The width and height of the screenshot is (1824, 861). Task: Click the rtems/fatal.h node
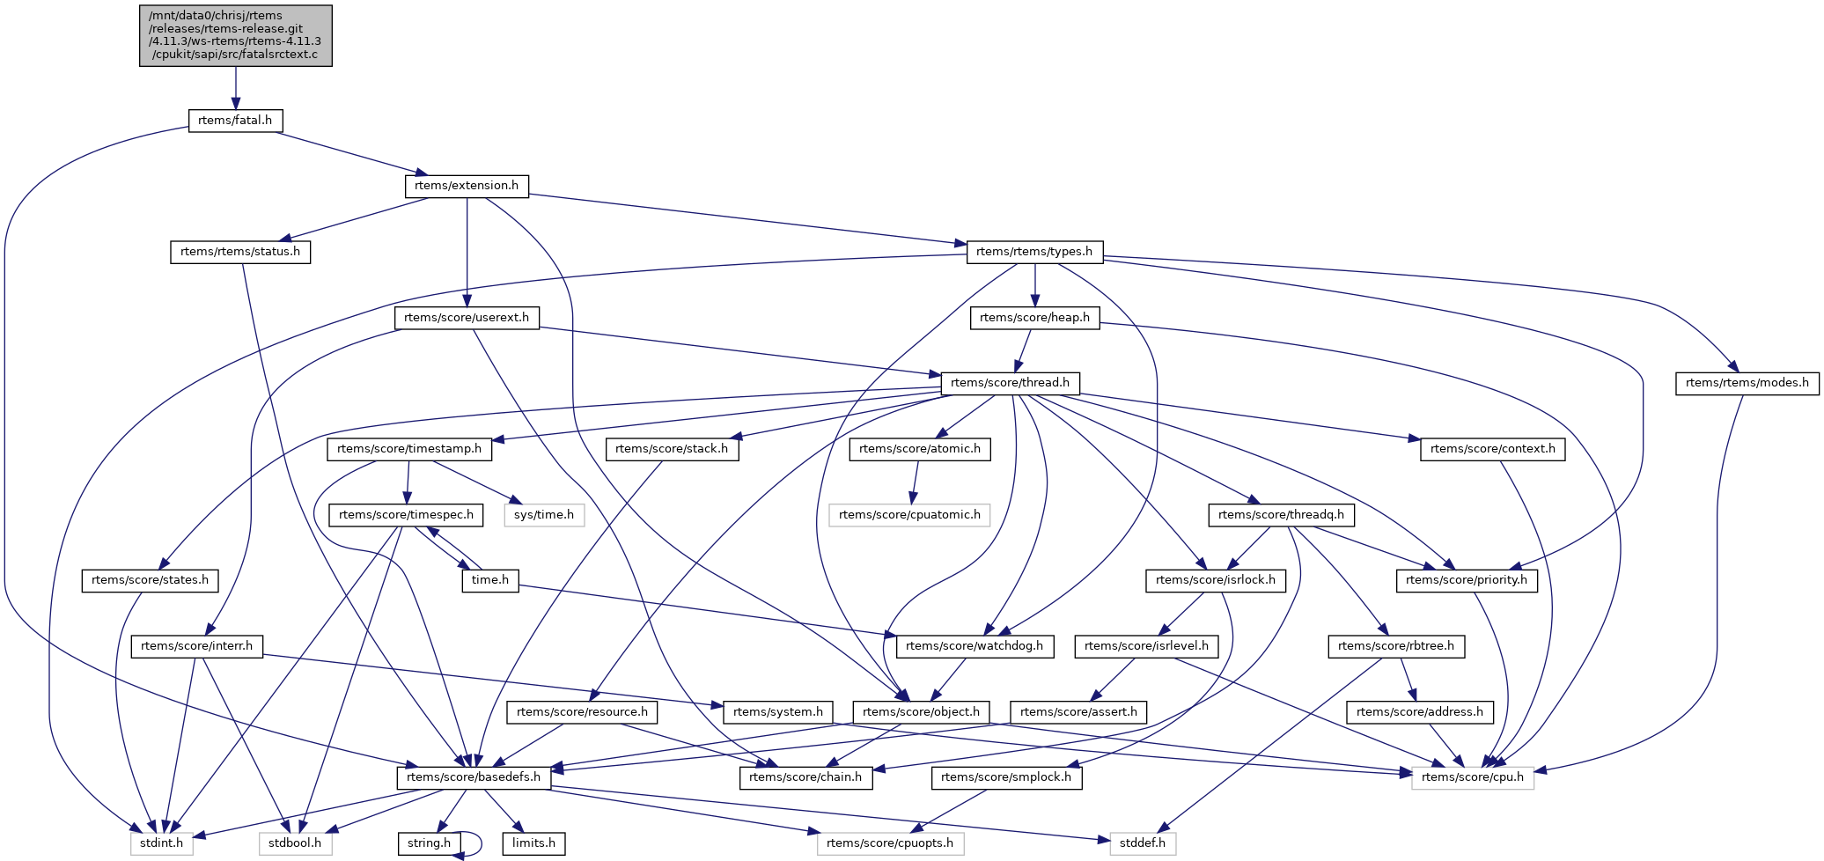[235, 121]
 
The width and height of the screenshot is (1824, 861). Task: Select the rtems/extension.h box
[467, 186]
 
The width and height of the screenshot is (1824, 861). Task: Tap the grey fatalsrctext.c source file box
[235, 35]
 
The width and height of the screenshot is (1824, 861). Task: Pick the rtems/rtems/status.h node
[240, 252]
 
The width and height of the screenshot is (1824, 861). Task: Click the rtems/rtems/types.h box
[1034, 252]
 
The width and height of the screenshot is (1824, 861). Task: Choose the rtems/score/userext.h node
[467, 317]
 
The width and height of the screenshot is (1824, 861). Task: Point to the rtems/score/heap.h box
[1034, 317]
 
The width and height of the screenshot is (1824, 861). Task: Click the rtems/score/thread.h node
[1010, 383]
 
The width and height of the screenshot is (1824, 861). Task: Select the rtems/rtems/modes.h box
[1747, 383]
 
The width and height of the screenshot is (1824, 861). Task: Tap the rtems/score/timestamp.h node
[409, 449]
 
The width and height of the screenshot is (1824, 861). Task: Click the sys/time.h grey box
[544, 514]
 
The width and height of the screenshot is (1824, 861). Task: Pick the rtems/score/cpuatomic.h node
[909, 514]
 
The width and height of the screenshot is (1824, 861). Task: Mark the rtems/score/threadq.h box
[1281, 514]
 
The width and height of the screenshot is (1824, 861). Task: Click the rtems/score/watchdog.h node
[975, 646]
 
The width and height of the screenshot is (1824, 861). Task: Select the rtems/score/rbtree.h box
[1396, 646]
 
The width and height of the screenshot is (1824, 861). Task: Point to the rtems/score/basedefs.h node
[474, 777]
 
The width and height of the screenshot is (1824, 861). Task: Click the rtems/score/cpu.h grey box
[1472, 777]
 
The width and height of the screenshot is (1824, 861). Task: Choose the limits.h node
[533, 843]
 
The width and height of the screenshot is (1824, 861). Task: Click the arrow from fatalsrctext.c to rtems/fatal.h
[235, 88]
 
